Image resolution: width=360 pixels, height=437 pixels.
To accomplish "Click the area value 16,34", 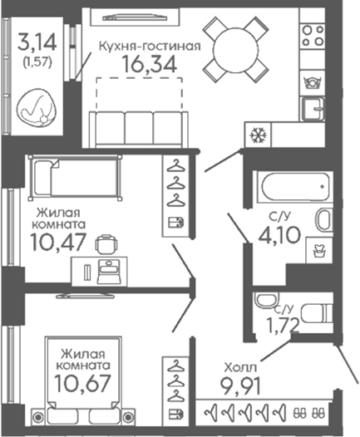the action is (x=150, y=64).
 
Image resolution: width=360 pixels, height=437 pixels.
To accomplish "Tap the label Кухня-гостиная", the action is (x=150, y=46).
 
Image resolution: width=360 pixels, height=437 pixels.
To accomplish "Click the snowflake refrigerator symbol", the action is (x=258, y=135).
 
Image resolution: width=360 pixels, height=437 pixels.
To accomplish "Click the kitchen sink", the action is (x=313, y=109).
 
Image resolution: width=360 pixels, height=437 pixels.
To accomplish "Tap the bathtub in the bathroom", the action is (x=295, y=186).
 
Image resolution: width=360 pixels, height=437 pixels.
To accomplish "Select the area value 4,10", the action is (x=279, y=235).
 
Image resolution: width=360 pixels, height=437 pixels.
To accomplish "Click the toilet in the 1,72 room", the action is (x=317, y=313).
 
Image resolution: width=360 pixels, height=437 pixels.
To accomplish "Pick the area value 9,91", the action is (x=241, y=386).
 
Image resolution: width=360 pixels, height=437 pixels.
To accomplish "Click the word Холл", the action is (x=240, y=367).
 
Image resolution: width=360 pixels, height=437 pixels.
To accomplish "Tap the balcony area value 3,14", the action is (x=37, y=42).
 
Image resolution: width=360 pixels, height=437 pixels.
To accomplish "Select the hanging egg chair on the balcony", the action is (x=37, y=108).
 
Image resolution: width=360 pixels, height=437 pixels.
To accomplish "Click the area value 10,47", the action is (x=58, y=242).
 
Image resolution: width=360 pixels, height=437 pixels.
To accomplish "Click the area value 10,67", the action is (x=83, y=383).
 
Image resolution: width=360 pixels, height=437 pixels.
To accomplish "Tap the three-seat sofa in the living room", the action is (x=139, y=129).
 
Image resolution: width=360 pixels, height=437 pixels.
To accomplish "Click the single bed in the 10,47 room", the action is (x=76, y=178).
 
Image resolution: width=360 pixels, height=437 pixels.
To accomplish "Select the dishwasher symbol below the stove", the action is (x=313, y=83).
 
